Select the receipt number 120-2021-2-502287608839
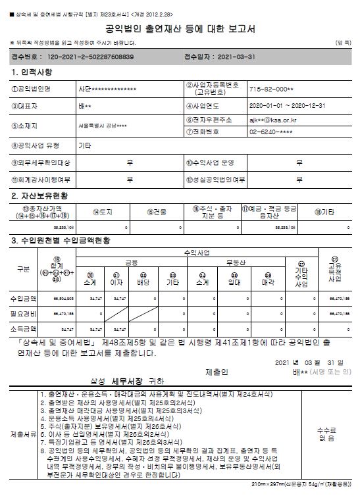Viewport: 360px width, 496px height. click(x=87, y=57)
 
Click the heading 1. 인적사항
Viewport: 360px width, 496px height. click(x=32, y=72)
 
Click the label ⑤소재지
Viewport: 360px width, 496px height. click(x=28, y=126)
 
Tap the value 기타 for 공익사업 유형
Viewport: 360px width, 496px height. click(x=85, y=145)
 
